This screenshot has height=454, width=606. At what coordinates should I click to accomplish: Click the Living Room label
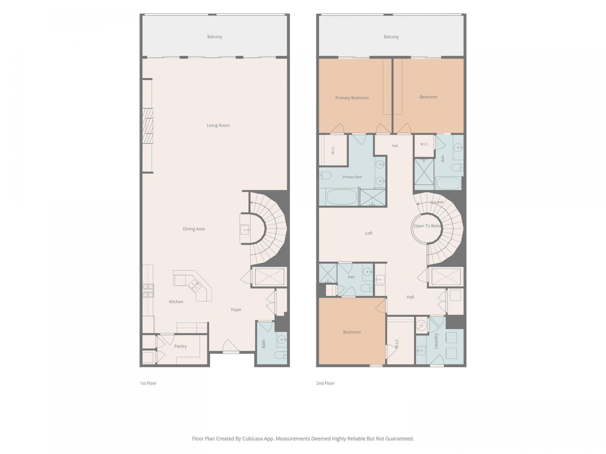pos(218,125)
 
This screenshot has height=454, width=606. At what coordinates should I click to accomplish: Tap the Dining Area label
pos(194,229)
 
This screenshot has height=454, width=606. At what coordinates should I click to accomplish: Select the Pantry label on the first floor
pos(181,346)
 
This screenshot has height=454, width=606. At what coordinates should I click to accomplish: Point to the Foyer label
pos(236,310)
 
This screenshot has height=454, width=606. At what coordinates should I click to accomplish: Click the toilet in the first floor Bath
pos(281,355)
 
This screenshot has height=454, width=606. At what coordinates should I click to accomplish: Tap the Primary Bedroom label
pos(352,98)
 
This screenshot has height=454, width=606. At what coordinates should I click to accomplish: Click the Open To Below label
pos(428,226)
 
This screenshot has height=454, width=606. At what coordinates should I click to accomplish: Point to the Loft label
pos(369,233)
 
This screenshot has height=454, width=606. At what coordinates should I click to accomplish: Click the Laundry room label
pos(436,341)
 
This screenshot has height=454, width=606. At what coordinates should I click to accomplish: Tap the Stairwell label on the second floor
pos(437,202)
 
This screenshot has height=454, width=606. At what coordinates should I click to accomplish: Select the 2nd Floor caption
pos(325,383)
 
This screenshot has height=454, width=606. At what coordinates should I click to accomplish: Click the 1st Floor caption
pos(148,383)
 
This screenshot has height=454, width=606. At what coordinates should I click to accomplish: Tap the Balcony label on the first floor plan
pos(215,37)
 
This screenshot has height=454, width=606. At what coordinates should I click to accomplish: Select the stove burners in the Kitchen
pos(148,291)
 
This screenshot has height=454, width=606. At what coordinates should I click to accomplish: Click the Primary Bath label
pos(352,177)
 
